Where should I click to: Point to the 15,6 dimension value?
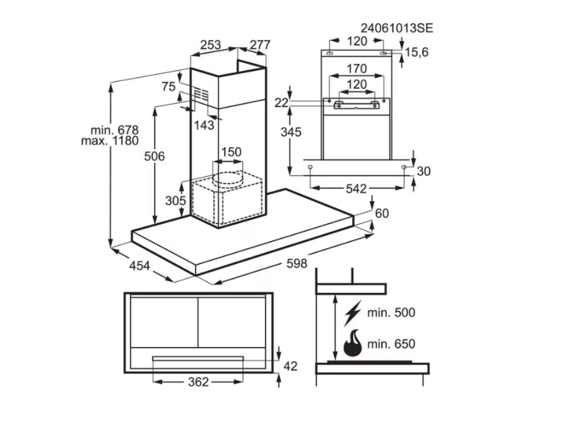pyautogui.click(x=417, y=52)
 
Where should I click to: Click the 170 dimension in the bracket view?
pyautogui.click(x=356, y=69)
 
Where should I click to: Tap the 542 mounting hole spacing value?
pyautogui.click(x=356, y=188)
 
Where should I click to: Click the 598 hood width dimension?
pyautogui.click(x=296, y=264)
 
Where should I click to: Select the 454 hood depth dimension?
pyautogui.click(x=140, y=266)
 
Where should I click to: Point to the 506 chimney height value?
pyautogui.click(x=154, y=156)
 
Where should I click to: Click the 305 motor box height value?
pyautogui.click(x=175, y=201)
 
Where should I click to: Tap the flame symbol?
pyautogui.click(x=352, y=344)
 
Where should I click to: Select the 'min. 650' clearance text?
pyautogui.click(x=392, y=344)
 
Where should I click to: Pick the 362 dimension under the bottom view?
pyautogui.click(x=198, y=382)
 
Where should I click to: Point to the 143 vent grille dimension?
pyautogui.click(x=204, y=125)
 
